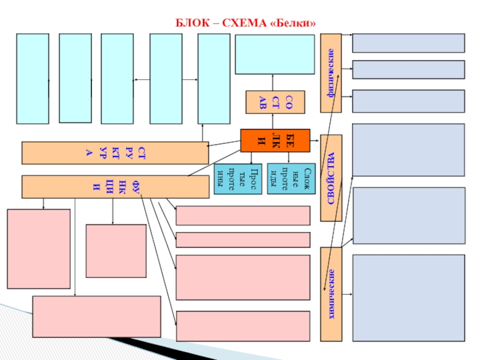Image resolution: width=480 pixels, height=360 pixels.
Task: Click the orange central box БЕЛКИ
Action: point(275,140)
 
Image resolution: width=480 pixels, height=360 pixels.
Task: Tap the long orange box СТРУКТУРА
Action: point(115,152)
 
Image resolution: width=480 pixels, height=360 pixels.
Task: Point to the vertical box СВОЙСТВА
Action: point(331,178)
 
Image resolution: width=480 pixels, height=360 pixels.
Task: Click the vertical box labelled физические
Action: point(331,73)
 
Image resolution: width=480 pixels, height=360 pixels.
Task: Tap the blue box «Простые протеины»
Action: point(238,179)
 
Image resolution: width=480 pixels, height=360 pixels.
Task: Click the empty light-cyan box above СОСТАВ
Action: point(274,55)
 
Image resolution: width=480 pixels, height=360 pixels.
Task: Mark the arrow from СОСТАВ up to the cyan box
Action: point(274,83)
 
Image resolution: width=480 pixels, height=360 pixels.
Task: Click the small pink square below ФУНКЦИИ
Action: point(116,251)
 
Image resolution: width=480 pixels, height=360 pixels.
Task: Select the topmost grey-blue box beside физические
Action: point(408,43)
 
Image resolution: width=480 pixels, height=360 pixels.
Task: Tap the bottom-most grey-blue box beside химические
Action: point(408,298)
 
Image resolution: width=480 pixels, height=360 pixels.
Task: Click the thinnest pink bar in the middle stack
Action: point(242,239)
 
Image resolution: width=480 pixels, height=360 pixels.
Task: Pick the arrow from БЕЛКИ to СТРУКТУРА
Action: point(223,145)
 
